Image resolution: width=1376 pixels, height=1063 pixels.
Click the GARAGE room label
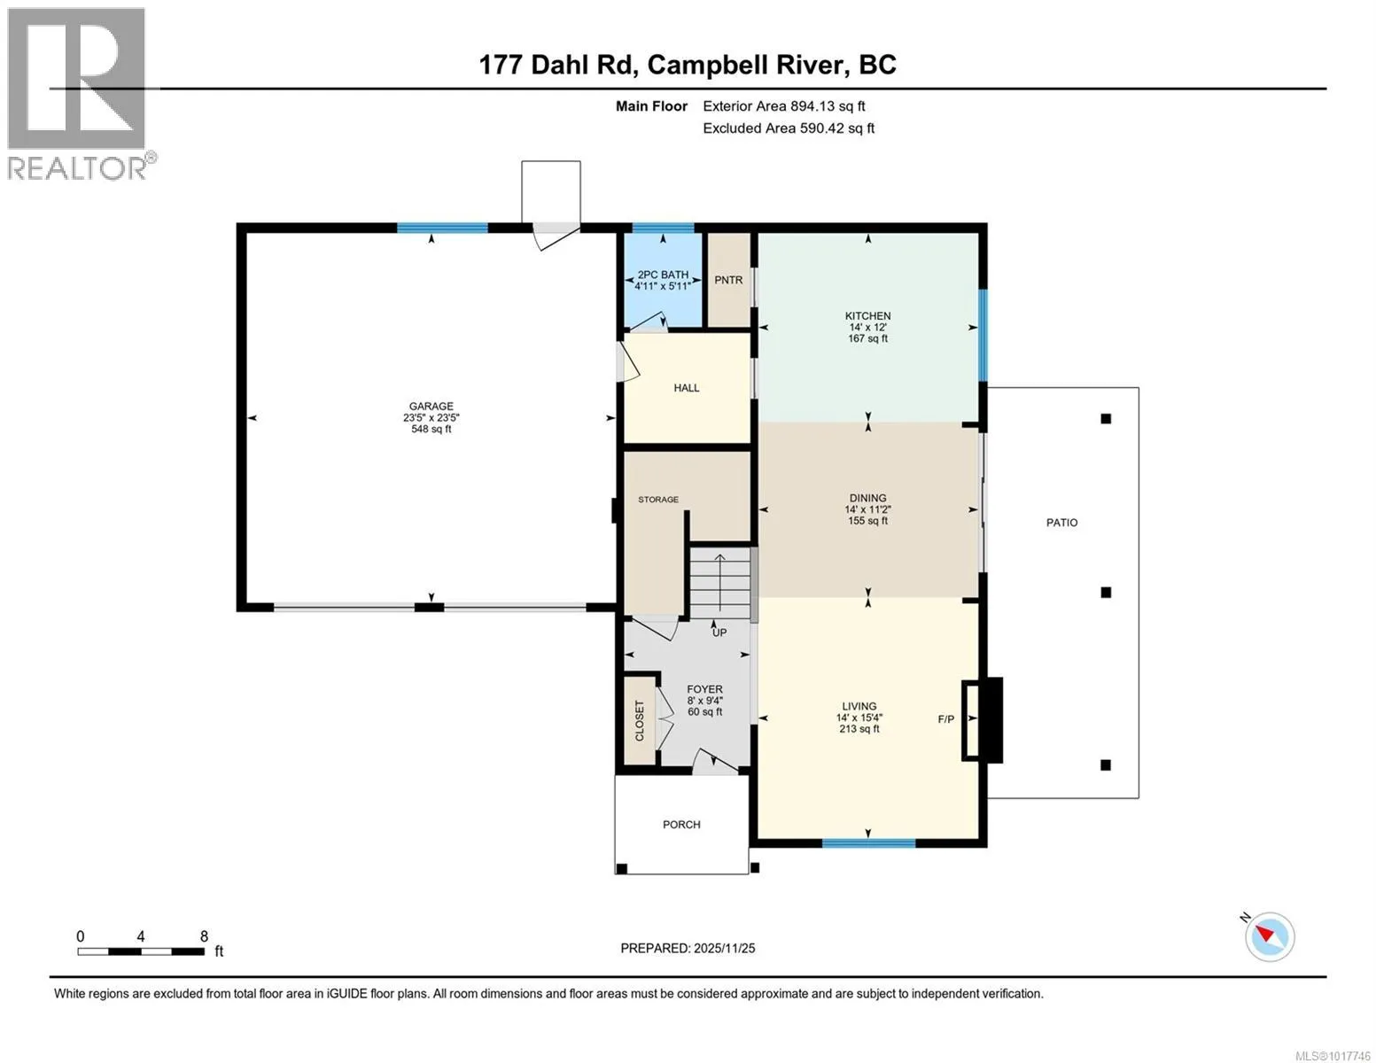431,406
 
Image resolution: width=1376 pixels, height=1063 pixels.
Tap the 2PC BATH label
663,275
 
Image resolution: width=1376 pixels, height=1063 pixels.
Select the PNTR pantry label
728,280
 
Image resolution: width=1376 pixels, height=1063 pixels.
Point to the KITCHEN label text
867,315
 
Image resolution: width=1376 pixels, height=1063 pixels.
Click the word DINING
867,498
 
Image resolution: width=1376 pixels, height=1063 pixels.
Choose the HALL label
687,387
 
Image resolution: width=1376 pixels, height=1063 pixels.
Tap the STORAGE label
658,500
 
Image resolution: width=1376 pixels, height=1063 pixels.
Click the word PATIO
1061,523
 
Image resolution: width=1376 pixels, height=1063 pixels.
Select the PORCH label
681,825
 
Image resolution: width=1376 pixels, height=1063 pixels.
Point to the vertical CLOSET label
639,720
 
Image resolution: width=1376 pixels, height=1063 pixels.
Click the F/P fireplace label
945,718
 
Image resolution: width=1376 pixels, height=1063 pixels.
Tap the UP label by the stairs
719,632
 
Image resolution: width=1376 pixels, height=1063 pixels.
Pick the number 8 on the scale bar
204,936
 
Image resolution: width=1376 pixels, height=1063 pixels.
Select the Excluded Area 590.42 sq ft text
789,128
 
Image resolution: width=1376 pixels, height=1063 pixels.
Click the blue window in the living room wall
869,842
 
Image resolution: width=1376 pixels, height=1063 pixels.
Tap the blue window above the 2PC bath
663,228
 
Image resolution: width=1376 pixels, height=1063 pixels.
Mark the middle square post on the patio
1106,592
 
